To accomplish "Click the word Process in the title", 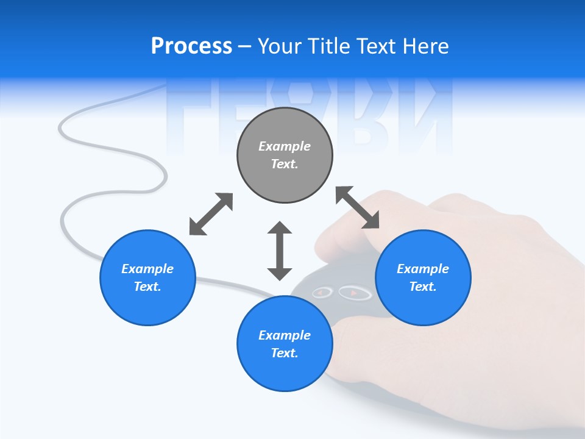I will tap(191, 46).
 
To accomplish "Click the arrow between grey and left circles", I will tap(211, 214).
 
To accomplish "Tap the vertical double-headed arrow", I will tap(280, 251).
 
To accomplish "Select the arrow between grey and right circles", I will tap(358, 208).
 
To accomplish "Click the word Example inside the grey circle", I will tap(285, 146).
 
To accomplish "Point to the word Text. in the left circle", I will tap(147, 287).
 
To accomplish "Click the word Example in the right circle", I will tap(423, 269).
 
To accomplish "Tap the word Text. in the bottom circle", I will tap(285, 353).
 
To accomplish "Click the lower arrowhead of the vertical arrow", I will tap(280, 273).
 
